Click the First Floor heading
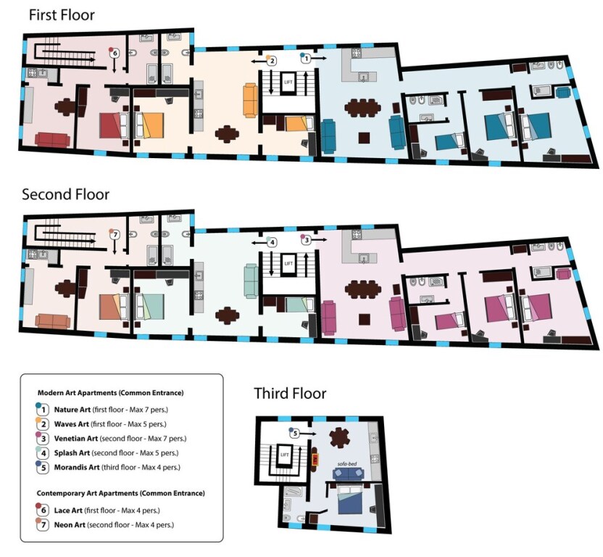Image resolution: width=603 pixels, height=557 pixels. [x=62, y=15]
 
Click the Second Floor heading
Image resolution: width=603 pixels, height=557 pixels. [x=65, y=194]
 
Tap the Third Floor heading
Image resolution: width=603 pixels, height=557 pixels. [x=290, y=393]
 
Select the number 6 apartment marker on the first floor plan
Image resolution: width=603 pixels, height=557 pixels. [x=115, y=53]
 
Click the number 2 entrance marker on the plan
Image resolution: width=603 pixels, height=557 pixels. [x=272, y=61]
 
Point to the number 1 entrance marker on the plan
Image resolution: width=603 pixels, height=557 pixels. [x=306, y=59]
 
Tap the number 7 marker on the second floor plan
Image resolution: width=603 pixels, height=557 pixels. [x=115, y=234]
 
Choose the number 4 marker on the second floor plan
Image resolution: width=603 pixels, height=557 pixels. [x=272, y=242]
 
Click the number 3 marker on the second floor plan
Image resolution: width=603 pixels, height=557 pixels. [x=306, y=240]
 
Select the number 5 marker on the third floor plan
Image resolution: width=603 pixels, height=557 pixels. [x=294, y=433]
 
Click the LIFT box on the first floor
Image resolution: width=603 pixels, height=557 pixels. [x=288, y=83]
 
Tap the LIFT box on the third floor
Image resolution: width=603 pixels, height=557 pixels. [x=285, y=455]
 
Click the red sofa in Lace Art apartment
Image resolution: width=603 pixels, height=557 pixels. [x=52, y=139]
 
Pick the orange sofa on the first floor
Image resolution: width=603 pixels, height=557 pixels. [x=250, y=101]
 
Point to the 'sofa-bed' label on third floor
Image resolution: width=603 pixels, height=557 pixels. [x=347, y=464]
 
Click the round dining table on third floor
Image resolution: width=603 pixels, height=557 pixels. [x=340, y=438]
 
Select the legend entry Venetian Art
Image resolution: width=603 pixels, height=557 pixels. [x=76, y=439]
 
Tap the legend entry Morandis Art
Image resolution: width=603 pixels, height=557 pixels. [x=77, y=467]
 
